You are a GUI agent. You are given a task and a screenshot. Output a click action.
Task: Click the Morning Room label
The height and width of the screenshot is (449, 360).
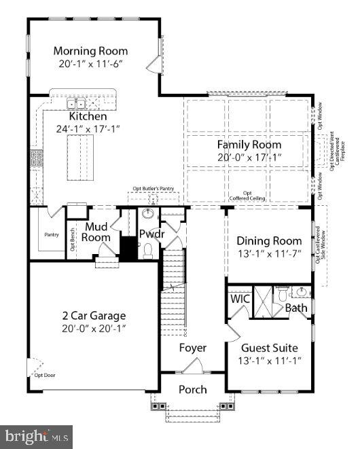click(90, 51)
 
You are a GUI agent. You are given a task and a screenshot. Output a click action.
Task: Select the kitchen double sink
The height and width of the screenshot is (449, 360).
click(76, 104)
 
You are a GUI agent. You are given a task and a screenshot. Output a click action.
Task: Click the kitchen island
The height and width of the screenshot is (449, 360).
click(81, 157)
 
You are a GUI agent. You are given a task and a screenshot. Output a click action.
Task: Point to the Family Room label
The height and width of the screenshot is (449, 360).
click(249, 145)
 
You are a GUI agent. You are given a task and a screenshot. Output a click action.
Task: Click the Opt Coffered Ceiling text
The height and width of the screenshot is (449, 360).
click(247, 196)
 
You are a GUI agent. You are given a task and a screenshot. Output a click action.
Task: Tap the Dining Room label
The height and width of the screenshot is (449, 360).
click(269, 241)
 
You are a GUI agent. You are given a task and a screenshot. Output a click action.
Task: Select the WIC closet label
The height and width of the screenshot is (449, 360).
click(239, 299)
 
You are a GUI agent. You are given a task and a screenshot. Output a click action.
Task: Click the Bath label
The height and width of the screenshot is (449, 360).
click(296, 308)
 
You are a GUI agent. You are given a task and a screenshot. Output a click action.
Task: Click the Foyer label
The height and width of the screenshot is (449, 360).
click(192, 348)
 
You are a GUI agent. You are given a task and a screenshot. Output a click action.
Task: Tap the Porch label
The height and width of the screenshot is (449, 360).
click(192, 389)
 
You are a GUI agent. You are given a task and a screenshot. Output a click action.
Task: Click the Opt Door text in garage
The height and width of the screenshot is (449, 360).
click(45, 375)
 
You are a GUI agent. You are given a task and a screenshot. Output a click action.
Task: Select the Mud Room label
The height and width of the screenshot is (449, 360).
click(96, 232)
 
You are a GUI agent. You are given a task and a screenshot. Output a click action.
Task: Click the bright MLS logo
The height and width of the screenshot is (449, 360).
click(37, 435)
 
